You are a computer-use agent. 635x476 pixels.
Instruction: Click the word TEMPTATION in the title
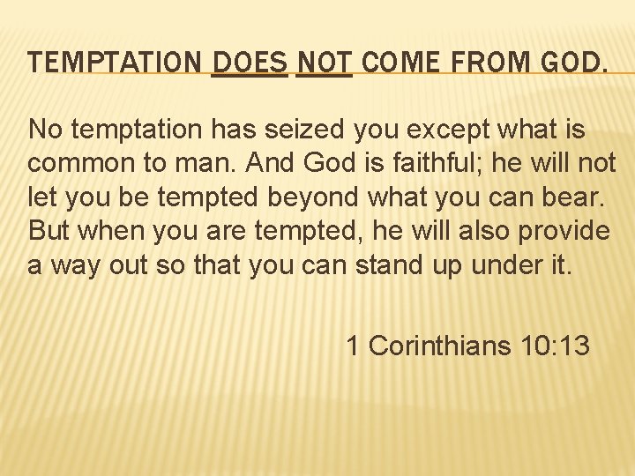[116, 63]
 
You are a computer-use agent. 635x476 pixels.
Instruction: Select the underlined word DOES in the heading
[250, 63]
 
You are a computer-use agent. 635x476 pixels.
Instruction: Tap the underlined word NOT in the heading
[324, 63]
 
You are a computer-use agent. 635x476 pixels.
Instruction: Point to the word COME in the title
[395, 63]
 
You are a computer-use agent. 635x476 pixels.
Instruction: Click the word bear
[579, 197]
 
